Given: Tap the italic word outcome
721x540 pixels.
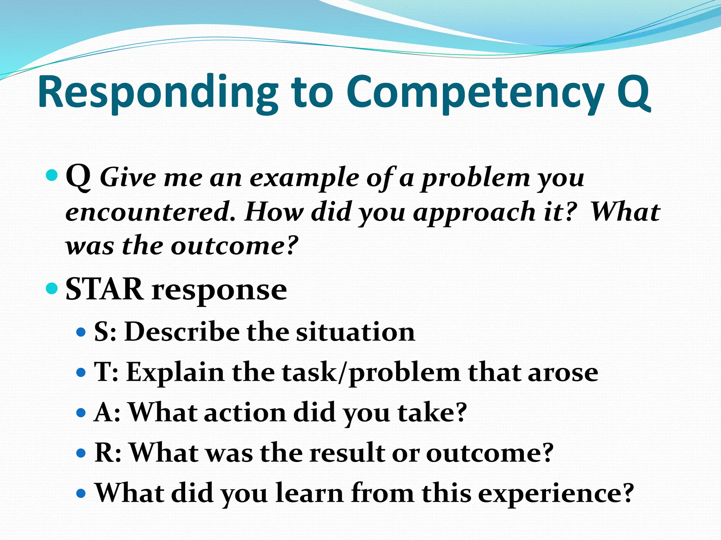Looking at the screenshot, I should [234, 245].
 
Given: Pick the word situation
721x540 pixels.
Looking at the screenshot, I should [355, 332].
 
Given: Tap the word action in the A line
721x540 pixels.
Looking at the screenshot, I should [245, 412].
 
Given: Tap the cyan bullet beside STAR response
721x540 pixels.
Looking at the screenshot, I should [52, 289].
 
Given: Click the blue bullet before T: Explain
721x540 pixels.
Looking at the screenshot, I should [81, 372].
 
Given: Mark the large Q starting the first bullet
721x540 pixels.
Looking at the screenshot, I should [78, 178].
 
